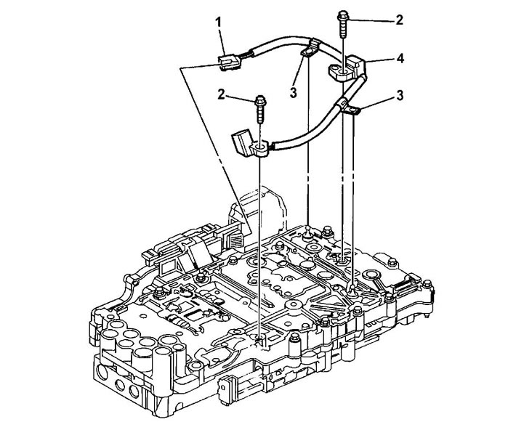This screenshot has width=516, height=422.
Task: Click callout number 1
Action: pos(219,23)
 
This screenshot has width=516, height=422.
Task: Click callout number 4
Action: pos(400,59)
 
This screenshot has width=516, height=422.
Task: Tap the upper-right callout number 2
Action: pos(399,20)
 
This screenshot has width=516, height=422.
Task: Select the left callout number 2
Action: pos(221,94)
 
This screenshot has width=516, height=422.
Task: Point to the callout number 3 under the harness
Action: pos(293,92)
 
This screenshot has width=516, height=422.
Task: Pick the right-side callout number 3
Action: pos(400,95)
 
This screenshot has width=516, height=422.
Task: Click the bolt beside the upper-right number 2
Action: pos(343,25)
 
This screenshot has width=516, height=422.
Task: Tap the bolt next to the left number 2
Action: pos(260,109)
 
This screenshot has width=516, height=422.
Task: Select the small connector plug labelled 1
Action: pos(227,62)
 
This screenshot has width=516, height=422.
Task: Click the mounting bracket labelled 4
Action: pos(348,68)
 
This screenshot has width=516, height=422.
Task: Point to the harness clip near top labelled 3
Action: pos(310,49)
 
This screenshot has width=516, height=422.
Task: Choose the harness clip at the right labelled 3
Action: pos(350,109)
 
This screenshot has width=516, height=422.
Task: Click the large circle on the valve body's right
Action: pos(372,274)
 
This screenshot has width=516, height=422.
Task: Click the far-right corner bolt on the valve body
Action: pos(427,283)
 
